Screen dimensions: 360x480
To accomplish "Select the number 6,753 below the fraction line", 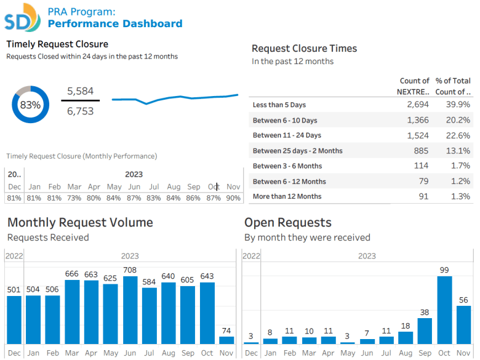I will [x=80, y=111].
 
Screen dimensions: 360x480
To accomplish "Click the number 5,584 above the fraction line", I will [x=80, y=91].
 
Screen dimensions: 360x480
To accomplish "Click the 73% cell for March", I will [x=74, y=198].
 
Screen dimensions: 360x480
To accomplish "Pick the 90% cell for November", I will [x=233, y=198].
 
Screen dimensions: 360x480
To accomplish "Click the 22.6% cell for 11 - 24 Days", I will [x=458, y=135].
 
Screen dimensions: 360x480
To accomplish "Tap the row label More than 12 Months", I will [x=287, y=196].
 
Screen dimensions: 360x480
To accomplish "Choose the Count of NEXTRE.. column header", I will [x=414, y=86].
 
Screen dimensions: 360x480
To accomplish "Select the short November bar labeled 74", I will [x=226, y=340].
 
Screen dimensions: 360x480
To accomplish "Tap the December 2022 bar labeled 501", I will [x=14, y=320].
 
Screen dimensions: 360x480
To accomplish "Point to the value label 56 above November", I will [x=464, y=300].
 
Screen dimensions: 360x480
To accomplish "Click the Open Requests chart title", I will [x=287, y=223].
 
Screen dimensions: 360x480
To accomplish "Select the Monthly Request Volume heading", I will [x=80, y=223].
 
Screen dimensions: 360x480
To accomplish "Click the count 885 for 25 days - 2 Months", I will [x=421, y=151].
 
